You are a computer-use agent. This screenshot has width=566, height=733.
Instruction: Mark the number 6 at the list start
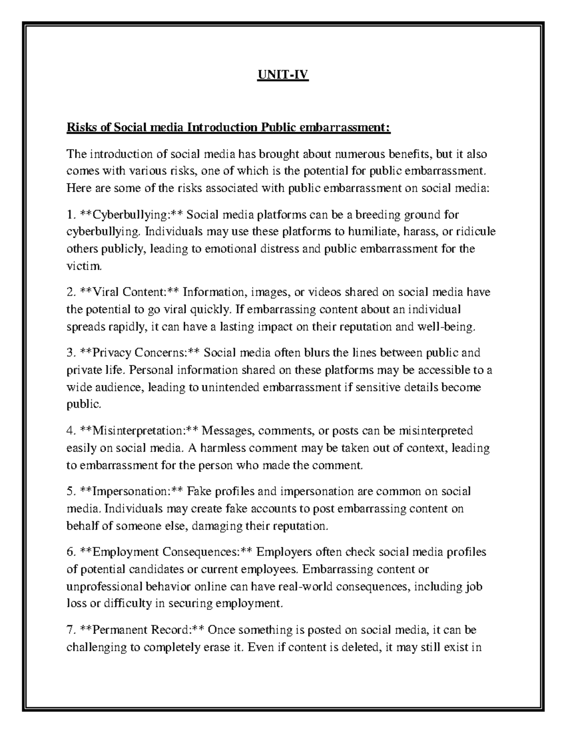pyautogui.click(x=70, y=552)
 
